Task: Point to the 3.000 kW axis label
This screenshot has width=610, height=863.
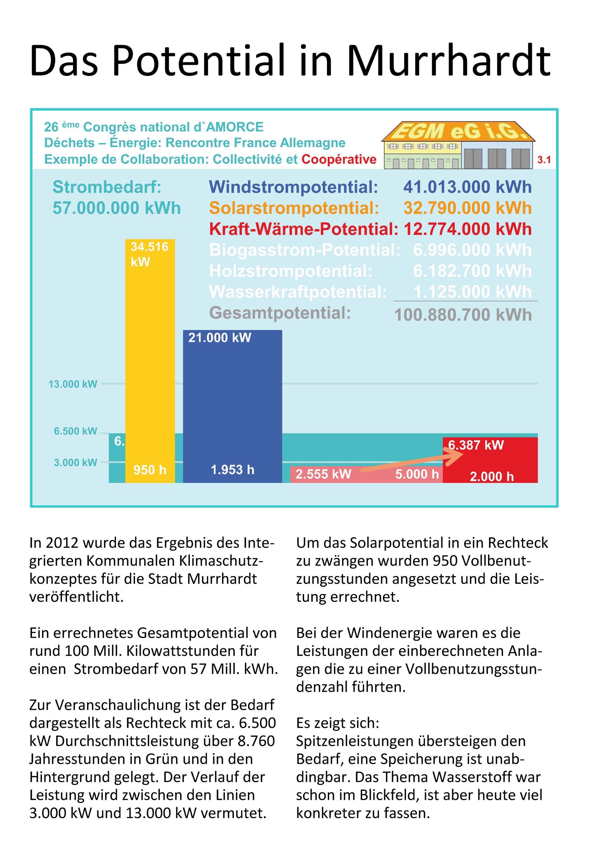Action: click(x=75, y=462)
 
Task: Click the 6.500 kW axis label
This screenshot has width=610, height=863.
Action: click(x=75, y=431)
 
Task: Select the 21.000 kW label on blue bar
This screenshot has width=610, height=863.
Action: click(x=220, y=337)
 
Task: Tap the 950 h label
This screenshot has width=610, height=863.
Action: click(x=150, y=470)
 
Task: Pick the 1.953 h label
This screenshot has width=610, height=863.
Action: click(x=232, y=470)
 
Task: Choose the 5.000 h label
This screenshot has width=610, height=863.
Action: click(x=417, y=474)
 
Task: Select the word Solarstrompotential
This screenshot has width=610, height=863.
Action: click(x=294, y=208)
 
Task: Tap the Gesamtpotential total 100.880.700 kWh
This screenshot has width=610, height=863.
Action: click(x=463, y=315)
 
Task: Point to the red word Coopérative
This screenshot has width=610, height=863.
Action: click(x=339, y=160)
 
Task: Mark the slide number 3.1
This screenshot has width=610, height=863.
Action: click(x=544, y=160)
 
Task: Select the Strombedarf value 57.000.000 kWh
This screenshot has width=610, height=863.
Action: click(x=117, y=208)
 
